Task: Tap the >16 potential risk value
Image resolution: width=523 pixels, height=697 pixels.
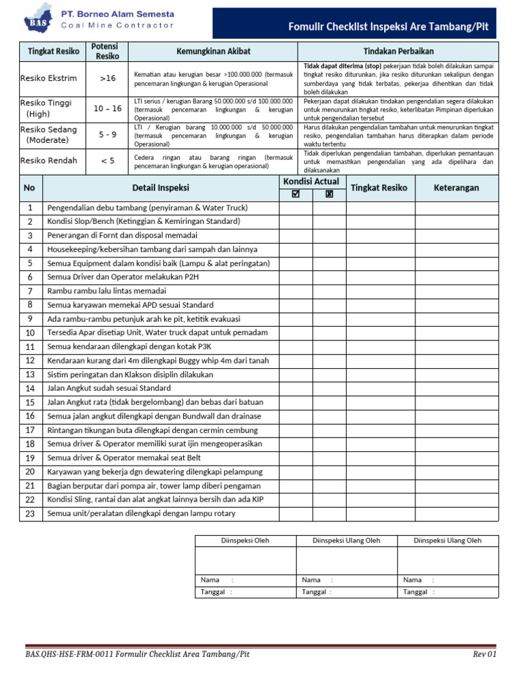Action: click(108, 78)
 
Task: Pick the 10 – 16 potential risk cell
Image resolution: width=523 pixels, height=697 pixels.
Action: click(108, 108)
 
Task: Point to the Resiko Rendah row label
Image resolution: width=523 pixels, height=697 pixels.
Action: click(48, 161)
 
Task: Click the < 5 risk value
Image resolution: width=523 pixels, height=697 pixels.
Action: click(108, 161)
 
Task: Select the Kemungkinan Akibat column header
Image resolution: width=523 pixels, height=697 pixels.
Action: click(212, 52)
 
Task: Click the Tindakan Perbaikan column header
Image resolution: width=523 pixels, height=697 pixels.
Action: click(398, 52)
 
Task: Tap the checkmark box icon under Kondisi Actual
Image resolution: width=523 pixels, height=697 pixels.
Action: click(295, 194)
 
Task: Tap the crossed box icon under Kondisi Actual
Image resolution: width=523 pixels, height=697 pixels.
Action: click(330, 194)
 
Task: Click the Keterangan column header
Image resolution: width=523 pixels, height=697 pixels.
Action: click(456, 188)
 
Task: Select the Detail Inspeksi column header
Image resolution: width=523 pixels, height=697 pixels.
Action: click(161, 188)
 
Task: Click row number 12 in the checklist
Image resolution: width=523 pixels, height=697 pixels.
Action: click(30, 361)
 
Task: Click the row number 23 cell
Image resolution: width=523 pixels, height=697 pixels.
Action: click(30, 514)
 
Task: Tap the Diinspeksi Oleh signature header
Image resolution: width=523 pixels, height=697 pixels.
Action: click(245, 540)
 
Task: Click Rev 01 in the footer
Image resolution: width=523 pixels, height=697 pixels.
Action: click(486, 654)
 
